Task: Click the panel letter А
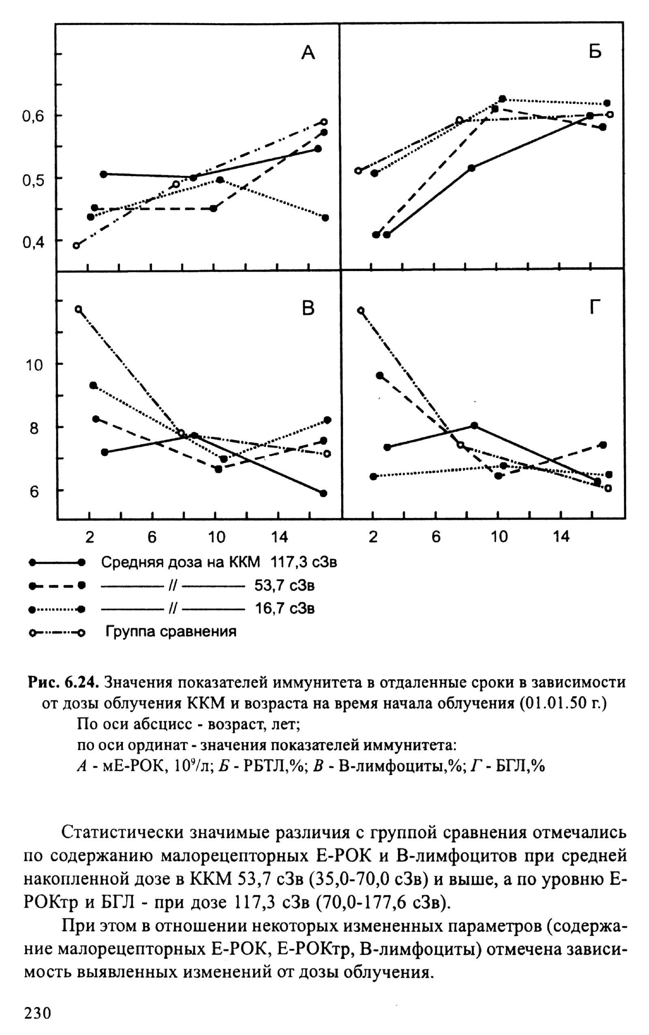coord(308,53)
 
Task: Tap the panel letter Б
coord(595,52)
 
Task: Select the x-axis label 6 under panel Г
coord(436,537)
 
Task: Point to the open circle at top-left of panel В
coord(78,309)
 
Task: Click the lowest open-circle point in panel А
coord(76,246)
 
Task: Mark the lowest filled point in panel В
coord(323,493)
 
